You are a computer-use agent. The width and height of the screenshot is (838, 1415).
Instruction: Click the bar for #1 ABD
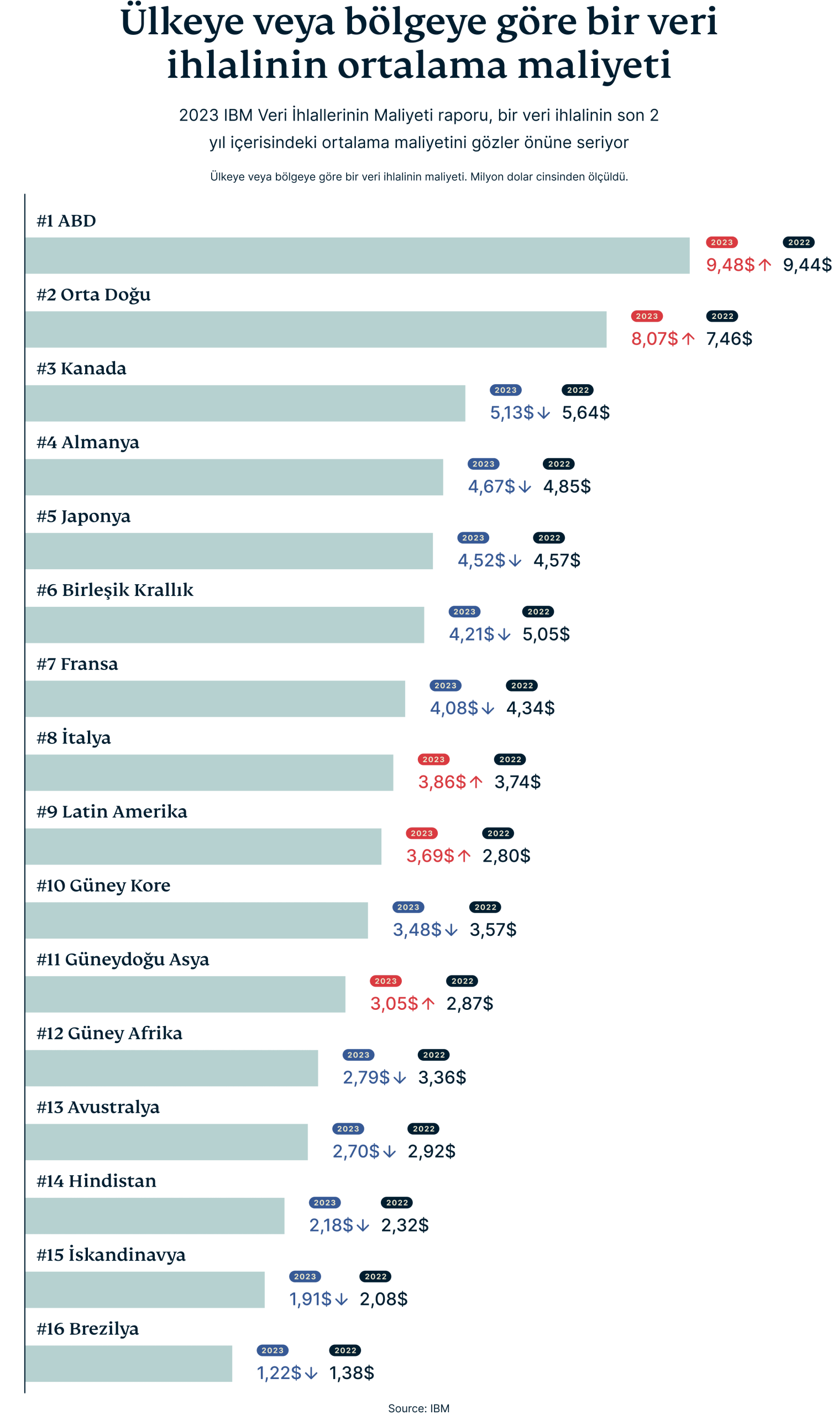point(357,256)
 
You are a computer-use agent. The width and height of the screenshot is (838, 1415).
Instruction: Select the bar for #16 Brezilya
point(129,1363)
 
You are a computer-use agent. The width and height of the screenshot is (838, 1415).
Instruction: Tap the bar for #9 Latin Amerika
point(203,846)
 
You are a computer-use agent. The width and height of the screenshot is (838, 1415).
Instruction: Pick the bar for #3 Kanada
point(245,403)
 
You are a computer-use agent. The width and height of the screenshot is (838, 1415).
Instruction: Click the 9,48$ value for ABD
point(730,265)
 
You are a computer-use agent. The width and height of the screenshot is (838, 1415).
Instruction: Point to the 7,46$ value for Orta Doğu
point(729,339)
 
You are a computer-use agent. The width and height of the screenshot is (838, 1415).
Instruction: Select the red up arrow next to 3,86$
point(476,782)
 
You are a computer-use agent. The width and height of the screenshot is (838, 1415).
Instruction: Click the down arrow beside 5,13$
point(543,413)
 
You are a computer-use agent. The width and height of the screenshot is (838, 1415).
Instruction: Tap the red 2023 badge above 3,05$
point(386,981)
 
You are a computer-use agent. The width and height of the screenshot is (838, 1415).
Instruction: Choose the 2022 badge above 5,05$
point(538,611)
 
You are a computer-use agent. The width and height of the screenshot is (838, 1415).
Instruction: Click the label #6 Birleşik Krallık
point(114,590)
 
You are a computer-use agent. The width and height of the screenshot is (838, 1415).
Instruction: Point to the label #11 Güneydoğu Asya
point(123,960)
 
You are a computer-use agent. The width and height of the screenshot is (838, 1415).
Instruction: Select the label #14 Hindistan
point(97,1181)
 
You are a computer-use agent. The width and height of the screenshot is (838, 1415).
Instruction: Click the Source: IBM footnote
point(418,1408)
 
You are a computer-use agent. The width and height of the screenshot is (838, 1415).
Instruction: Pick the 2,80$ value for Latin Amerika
point(506,856)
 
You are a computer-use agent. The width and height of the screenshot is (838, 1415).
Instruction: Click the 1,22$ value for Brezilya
point(279,1373)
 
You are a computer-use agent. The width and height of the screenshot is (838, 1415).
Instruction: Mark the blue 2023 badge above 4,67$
point(483,464)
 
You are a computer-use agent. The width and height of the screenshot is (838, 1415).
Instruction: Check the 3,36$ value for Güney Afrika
point(442,1077)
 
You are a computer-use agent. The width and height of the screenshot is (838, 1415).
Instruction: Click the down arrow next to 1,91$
point(341,1300)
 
